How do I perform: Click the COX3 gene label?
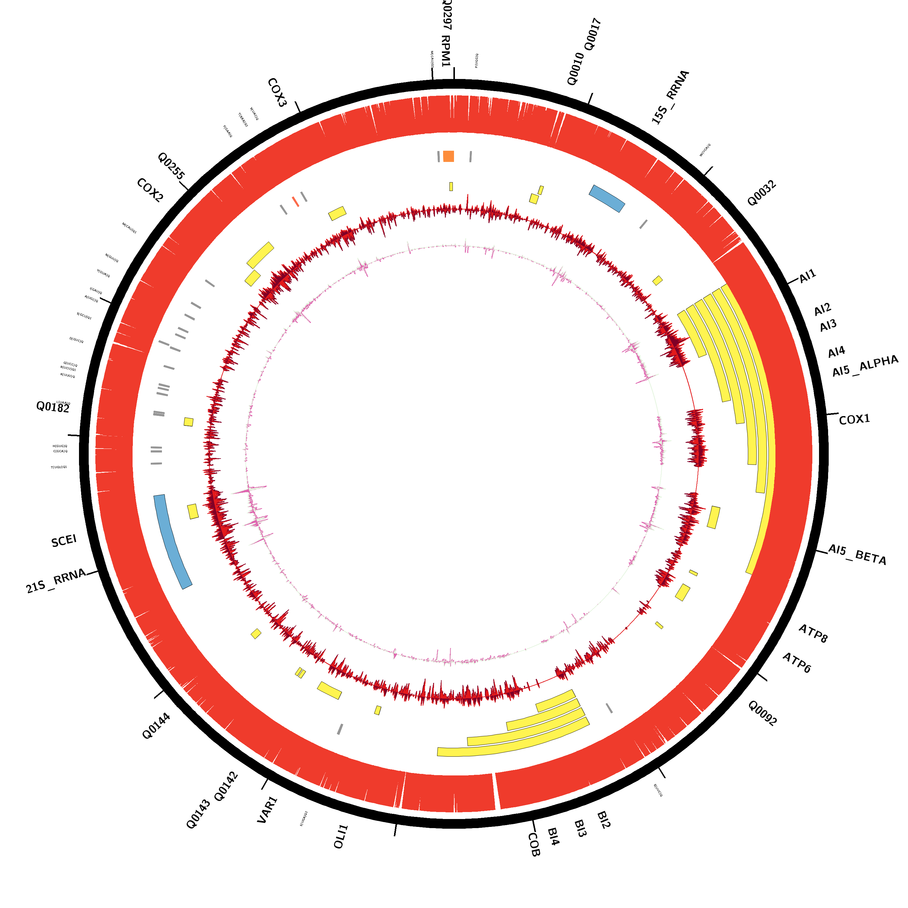coord(277,93)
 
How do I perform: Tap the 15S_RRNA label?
coord(670,97)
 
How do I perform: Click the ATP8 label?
coord(813,633)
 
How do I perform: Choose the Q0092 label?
coord(762,713)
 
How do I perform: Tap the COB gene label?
coord(534,844)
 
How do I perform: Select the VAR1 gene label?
coord(268,810)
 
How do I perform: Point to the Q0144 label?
coord(156,726)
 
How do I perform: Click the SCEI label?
coord(64,541)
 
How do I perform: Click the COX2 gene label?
coord(150,190)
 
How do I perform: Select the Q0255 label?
coord(171,166)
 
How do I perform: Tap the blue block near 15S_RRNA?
coord(607,198)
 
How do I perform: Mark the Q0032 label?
coord(762,193)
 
